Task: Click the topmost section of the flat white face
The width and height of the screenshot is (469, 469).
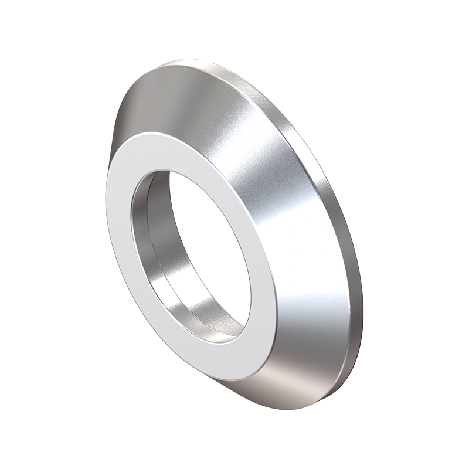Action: (170, 144)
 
